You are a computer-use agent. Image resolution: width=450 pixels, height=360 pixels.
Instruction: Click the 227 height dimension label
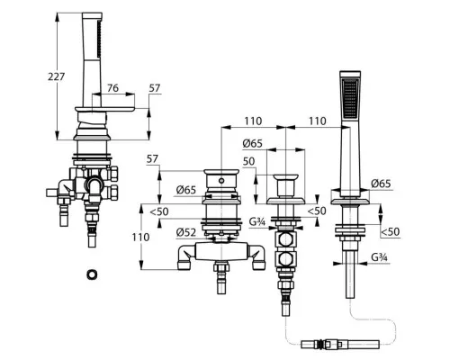[x=57, y=76]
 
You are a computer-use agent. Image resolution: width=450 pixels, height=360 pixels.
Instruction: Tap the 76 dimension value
[x=112, y=88]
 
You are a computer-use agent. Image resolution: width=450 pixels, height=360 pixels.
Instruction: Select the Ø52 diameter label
[x=186, y=232]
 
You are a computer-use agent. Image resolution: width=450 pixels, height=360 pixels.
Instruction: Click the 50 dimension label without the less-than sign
[x=248, y=161]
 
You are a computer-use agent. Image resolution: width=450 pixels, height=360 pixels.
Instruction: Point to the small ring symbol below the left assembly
[x=93, y=274]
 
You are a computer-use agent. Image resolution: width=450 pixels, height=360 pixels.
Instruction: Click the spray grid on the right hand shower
[x=350, y=98]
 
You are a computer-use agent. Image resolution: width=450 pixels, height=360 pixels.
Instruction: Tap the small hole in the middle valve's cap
[x=221, y=181]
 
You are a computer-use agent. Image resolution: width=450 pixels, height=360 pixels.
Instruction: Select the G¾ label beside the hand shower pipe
[x=380, y=257]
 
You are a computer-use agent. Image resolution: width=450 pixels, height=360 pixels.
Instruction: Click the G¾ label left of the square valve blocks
[x=257, y=222]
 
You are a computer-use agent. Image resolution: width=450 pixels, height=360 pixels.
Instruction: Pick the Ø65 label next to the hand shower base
[x=381, y=184]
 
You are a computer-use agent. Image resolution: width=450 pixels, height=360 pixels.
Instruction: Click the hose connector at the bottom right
[x=340, y=344]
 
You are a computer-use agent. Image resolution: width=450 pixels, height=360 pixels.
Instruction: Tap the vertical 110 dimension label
[x=140, y=238]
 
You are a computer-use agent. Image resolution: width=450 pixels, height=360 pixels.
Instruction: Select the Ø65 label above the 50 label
[x=252, y=144]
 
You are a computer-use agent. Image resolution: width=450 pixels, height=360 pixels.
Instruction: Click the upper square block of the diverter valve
[x=285, y=240]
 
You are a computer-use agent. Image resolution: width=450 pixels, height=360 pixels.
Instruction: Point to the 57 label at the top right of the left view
[x=155, y=88]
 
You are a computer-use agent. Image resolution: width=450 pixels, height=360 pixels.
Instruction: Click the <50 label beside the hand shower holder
[x=390, y=231]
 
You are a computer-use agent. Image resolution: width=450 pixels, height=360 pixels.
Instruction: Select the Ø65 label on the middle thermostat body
[x=186, y=190]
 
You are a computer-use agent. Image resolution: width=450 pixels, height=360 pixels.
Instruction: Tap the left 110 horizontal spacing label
[x=253, y=121]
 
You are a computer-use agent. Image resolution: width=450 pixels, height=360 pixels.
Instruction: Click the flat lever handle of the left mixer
[x=104, y=110]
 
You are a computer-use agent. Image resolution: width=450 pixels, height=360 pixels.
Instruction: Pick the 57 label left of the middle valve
[x=152, y=158]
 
